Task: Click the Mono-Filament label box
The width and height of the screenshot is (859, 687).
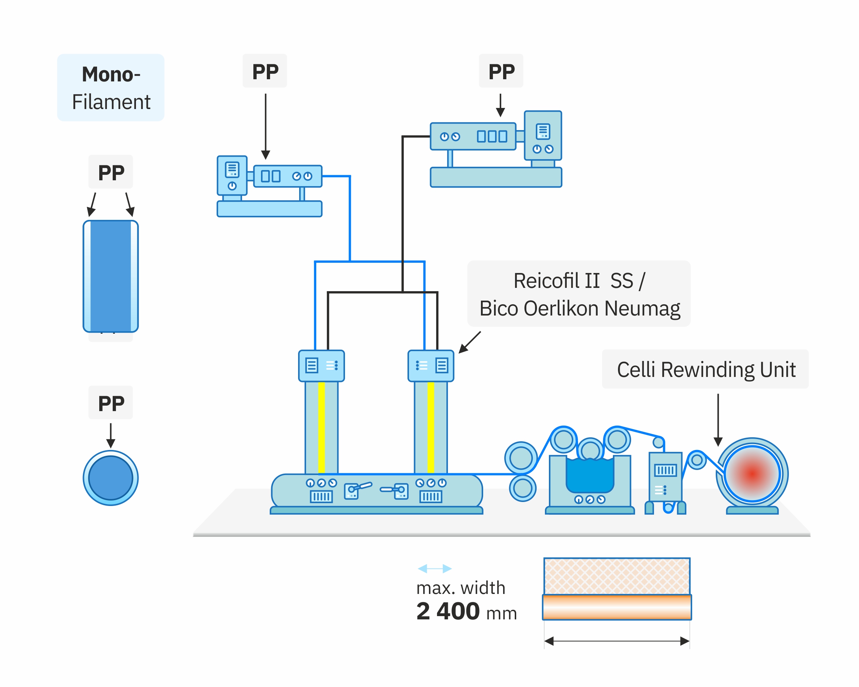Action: pyautogui.click(x=111, y=87)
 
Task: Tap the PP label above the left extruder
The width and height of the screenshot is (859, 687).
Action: pyautogui.click(x=265, y=71)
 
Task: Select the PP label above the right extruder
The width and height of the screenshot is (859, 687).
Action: pyautogui.click(x=501, y=71)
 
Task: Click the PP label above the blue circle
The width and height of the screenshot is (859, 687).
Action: pyautogui.click(x=111, y=403)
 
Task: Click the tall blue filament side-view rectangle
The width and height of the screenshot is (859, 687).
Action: pyautogui.click(x=111, y=276)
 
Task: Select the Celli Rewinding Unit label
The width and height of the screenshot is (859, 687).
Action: pyautogui.click(x=705, y=369)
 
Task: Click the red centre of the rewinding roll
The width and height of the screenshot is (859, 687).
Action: pyautogui.click(x=752, y=474)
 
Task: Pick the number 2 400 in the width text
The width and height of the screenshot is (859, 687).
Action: pyautogui.click(x=447, y=611)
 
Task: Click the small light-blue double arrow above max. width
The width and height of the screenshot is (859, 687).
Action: pyautogui.click(x=434, y=568)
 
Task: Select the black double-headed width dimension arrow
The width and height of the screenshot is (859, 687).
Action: pyautogui.click(x=617, y=641)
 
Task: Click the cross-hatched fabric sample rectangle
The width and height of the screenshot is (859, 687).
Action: pyautogui.click(x=617, y=576)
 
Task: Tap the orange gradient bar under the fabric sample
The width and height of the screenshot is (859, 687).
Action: pyautogui.click(x=617, y=607)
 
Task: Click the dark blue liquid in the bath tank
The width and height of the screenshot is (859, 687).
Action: pyautogui.click(x=590, y=476)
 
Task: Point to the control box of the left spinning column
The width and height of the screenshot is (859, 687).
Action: pyautogui.click(x=321, y=365)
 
